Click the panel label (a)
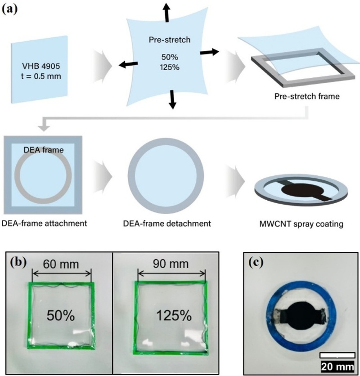coord(9,9)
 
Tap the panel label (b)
coord(18,261)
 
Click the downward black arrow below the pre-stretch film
coord(171,100)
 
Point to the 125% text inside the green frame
coord(170,315)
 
